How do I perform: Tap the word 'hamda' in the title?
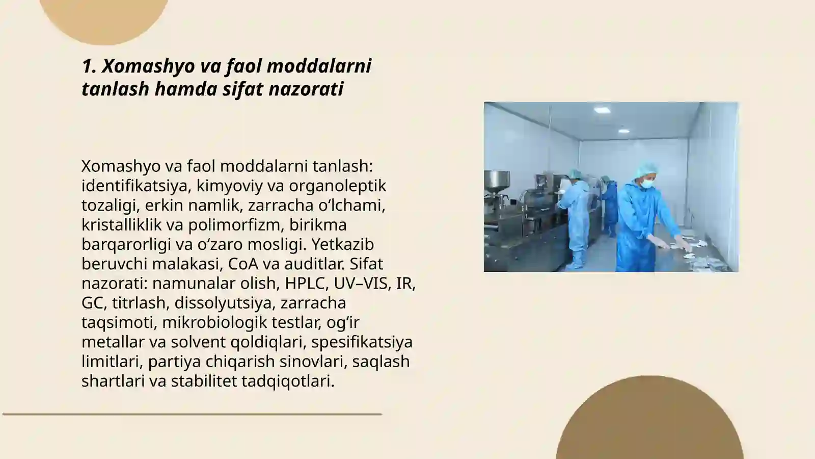point(186,89)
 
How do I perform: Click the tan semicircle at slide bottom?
point(649,423)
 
